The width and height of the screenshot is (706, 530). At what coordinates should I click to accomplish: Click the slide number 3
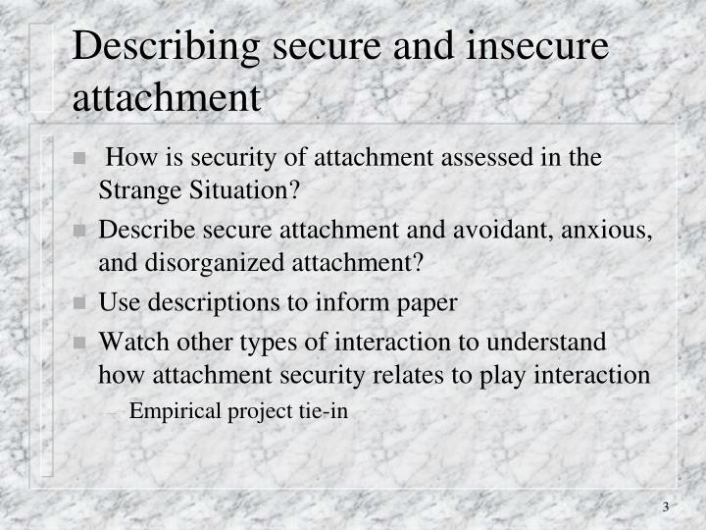665,506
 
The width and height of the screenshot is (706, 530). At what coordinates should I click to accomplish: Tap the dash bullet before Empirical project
118,411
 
